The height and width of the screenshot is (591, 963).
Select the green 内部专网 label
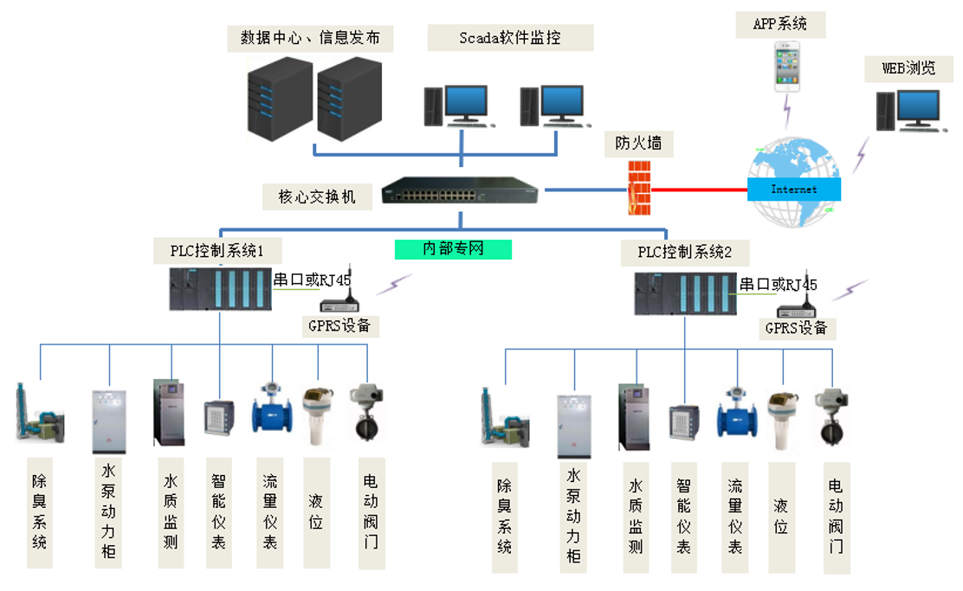(x=453, y=249)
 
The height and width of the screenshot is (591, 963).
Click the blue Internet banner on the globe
(x=794, y=189)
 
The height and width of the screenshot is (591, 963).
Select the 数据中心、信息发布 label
(x=309, y=38)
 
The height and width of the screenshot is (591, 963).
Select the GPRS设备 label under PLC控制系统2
(x=796, y=328)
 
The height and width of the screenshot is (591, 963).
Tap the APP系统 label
(x=785, y=23)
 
